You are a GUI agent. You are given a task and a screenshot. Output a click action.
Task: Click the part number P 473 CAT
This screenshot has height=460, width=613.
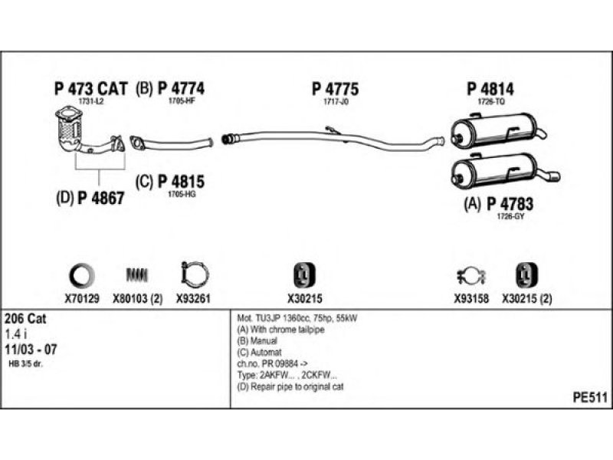coord(90,89)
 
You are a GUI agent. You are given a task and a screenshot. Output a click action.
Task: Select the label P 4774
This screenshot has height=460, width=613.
coord(181,88)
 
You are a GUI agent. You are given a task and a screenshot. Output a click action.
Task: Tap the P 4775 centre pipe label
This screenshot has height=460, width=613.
coord(335,89)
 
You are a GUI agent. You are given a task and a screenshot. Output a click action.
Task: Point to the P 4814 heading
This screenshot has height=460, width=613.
coord(490,89)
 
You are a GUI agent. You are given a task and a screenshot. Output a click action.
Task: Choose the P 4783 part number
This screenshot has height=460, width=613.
coord(510,204)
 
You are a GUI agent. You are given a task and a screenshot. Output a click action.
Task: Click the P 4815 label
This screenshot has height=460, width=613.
coord(181,182)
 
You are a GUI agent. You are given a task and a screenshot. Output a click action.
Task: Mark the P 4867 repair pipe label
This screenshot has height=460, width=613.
coord(101,198)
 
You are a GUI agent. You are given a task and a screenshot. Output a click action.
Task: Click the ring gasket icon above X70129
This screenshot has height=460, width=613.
coord(82,275)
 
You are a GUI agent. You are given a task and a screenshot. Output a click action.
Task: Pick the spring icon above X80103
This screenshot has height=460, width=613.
coord(137,275)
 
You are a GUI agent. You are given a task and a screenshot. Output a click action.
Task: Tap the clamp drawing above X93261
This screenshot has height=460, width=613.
coord(195,274)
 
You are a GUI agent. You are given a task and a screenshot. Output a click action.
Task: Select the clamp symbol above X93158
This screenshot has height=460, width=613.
coord(471,276)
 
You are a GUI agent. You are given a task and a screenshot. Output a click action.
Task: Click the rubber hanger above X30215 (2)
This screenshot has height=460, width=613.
coord(526,275)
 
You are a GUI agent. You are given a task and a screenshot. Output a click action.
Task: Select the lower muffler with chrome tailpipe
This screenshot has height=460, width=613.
coord(505,171)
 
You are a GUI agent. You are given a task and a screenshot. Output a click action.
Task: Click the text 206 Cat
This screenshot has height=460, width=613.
coord(25,318)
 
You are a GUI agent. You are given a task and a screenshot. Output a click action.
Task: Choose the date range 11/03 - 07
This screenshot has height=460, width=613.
coord(31,349)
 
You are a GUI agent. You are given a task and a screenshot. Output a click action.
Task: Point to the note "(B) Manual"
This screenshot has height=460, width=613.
coord(257,340)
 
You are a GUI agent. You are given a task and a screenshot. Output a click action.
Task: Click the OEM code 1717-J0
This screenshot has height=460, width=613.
coord(336,102)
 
